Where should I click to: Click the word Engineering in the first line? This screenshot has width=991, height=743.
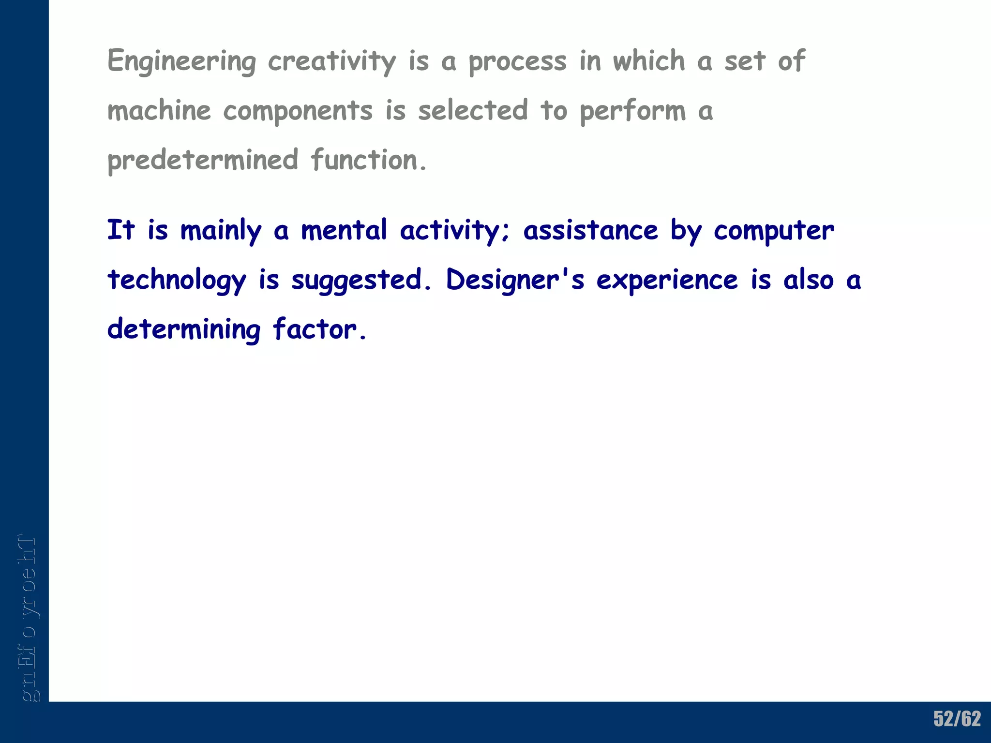point(181,62)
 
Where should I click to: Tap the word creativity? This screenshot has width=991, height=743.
point(332,62)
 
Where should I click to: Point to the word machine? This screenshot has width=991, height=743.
point(159,110)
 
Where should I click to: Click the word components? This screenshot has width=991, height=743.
point(298,111)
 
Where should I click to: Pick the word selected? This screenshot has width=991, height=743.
point(473,110)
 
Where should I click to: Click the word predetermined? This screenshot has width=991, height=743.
point(203,161)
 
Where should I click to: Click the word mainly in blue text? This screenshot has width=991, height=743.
point(221,231)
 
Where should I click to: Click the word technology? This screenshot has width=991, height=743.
point(177,281)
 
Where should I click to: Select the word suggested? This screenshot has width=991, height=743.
point(357,281)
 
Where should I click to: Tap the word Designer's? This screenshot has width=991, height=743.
point(515,280)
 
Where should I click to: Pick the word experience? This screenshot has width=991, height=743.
point(667,281)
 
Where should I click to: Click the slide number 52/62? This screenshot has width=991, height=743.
point(957,719)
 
